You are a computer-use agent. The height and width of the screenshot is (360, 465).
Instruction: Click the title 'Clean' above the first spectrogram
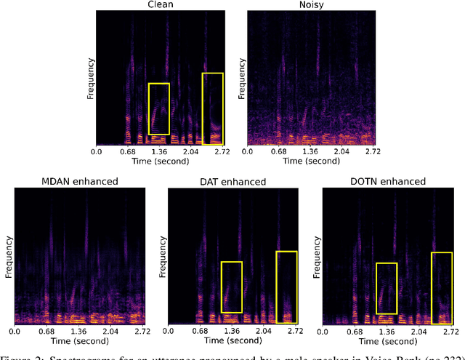[x=161, y=4]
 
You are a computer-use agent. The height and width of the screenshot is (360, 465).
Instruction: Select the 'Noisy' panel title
[x=310, y=4]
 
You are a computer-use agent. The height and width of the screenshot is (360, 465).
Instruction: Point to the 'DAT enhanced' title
[x=232, y=181]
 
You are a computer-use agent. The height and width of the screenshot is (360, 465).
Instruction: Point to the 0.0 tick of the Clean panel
[x=96, y=152]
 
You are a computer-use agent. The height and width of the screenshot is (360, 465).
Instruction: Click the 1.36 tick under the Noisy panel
[x=310, y=152]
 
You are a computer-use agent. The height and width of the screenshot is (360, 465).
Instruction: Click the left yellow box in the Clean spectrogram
[x=158, y=108]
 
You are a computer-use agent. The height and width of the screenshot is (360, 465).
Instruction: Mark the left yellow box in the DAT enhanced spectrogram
[x=231, y=287]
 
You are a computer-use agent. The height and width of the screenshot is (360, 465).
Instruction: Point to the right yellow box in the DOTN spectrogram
[x=441, y=287]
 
